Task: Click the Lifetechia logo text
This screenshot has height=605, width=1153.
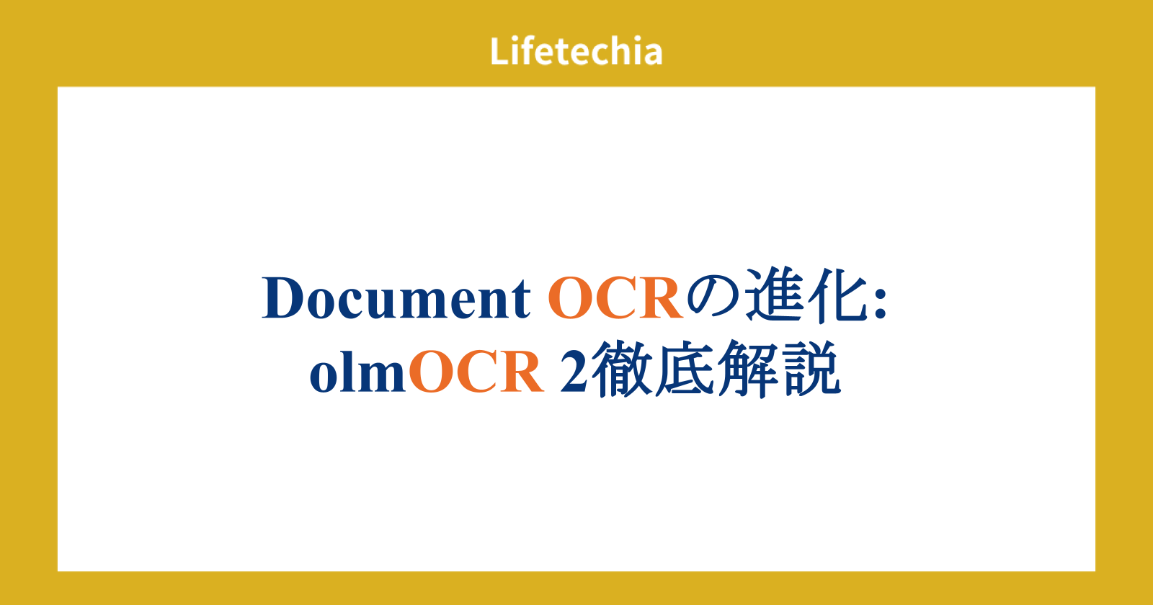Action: pos(576,51)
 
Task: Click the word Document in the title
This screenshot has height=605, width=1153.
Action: pos(396,298)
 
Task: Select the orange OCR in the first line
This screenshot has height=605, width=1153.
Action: pos(615,298)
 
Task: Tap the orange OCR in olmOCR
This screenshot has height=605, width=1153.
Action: pos(476,372)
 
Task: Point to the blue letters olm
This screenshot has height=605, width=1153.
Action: pos(357,371)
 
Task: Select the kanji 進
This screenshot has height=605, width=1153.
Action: pos(774,296)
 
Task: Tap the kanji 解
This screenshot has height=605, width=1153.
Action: pos(748,368)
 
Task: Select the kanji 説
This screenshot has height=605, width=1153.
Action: pos(811,368)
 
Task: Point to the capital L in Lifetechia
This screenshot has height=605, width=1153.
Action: pos(499,51)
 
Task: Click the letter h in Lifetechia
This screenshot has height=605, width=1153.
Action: pos(615,50)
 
